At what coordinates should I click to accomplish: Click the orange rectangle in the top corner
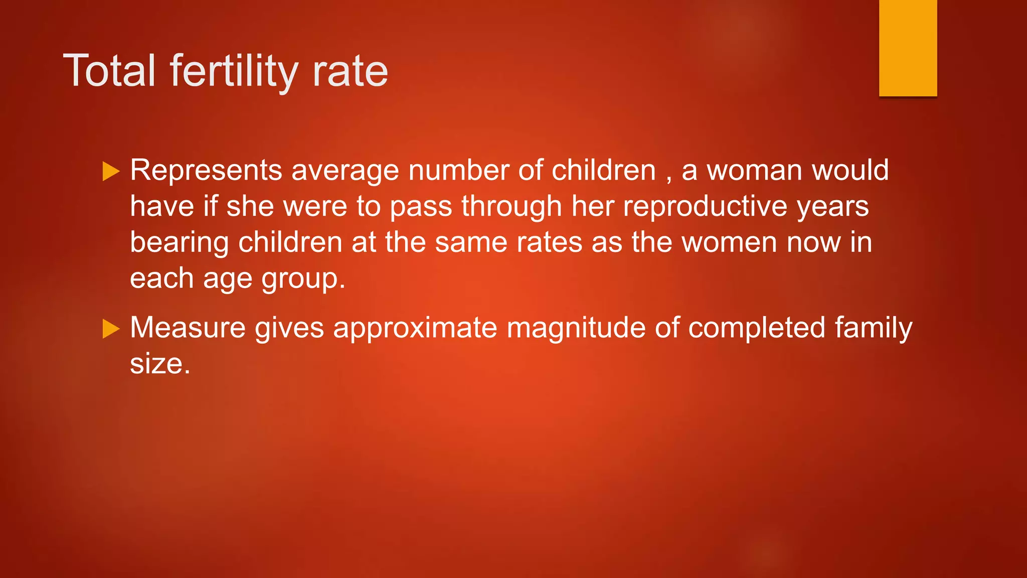coord(908,48)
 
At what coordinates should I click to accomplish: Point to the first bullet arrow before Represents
coord(111,172)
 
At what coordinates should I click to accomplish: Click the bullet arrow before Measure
coord(111,329)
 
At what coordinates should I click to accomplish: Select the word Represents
coord(206,170)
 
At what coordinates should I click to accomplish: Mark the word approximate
coord(415,329)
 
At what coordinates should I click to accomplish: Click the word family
coord(873,329)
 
